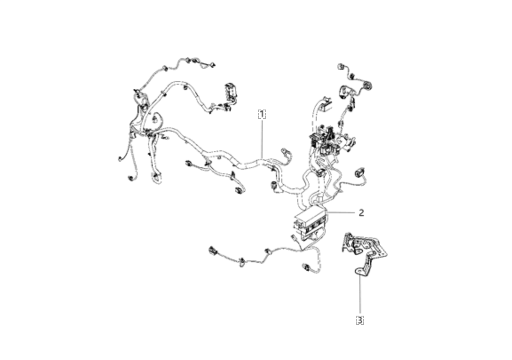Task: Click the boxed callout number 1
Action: [x=262, y=114]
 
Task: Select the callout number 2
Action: [x=361, y=212]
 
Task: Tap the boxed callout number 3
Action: [x=359, y=320]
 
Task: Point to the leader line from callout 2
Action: [x=341, y=212]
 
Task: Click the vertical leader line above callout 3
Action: [x=360, y=296]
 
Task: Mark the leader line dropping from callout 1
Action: [x=262, y=138]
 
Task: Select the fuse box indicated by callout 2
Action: [x=310, y=223]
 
